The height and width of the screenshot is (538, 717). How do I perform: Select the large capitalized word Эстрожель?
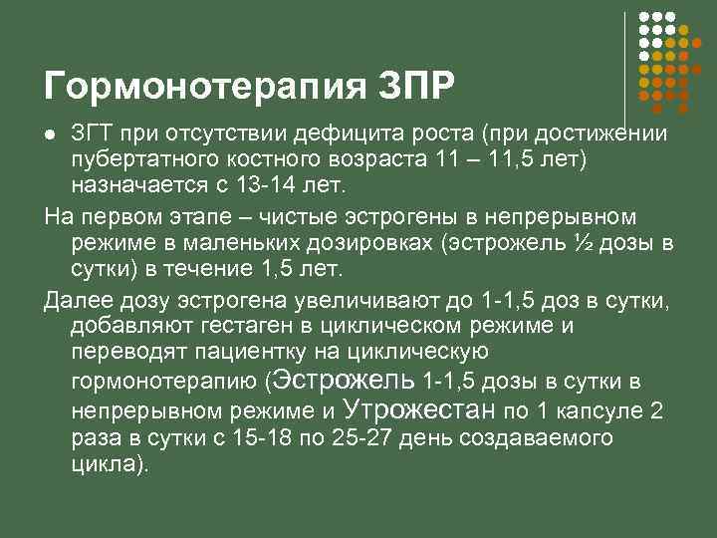pyautogui.click(x=345, y=380)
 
